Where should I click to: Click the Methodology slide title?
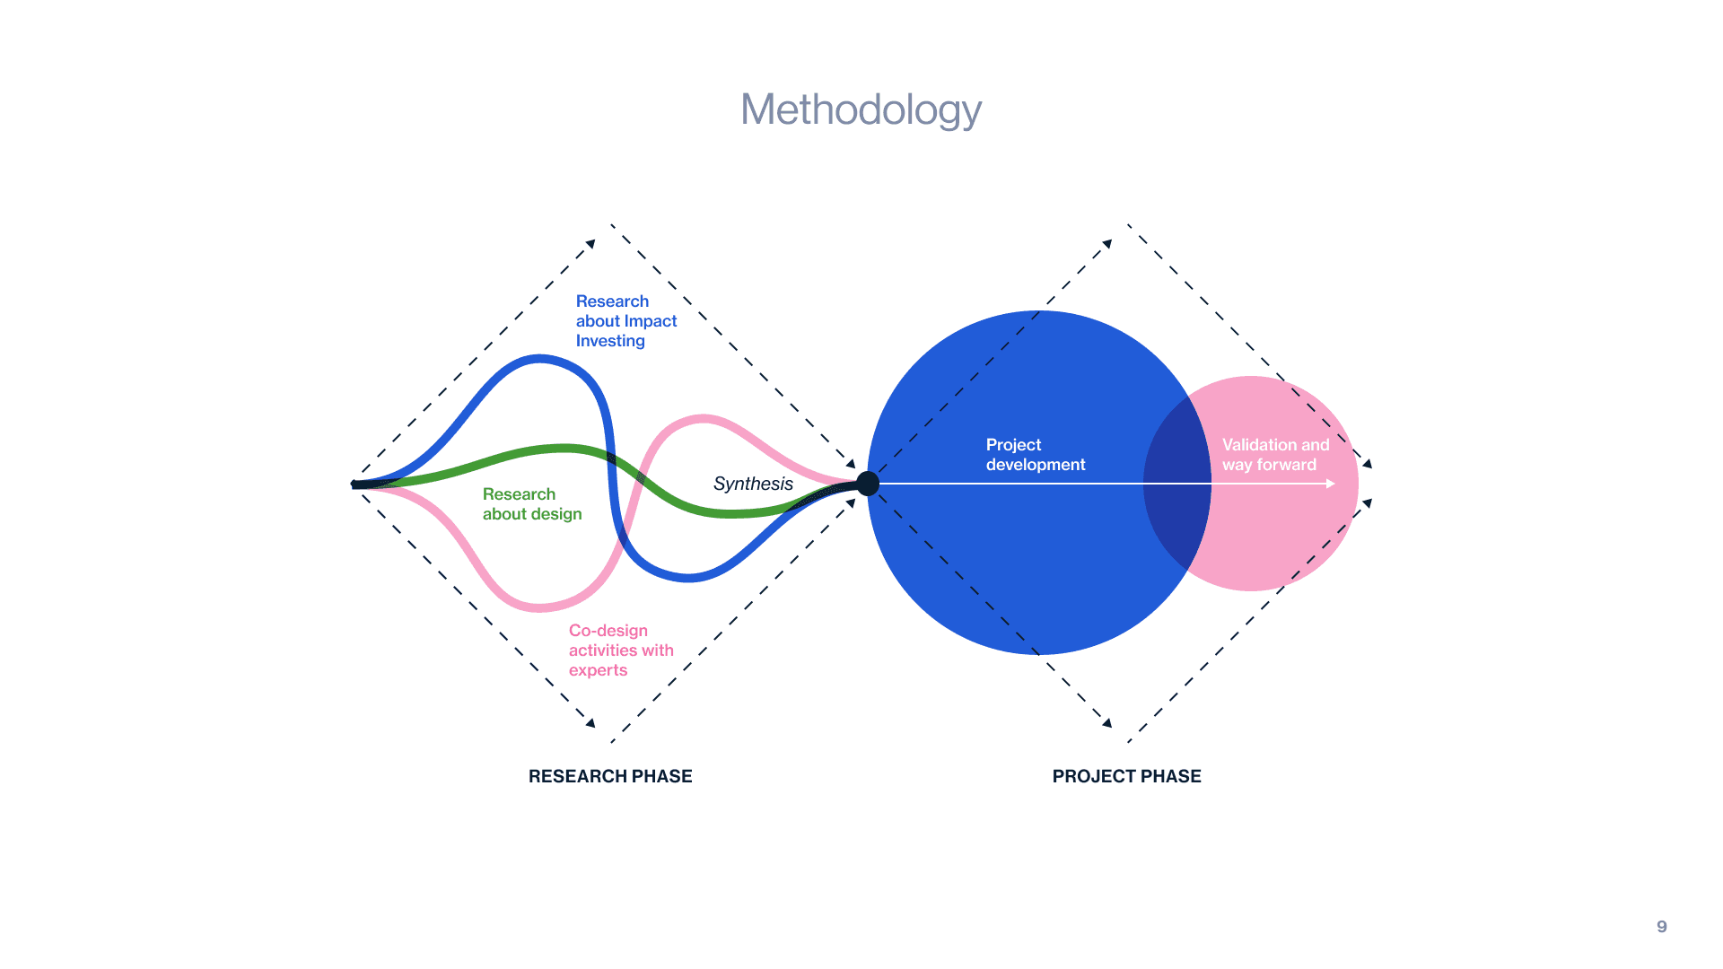click(861, 110)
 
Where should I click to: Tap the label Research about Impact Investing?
click(625, 321)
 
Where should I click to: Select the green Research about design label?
click(532, 504)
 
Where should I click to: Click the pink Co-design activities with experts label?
click(620, 650)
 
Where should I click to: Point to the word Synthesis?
click(753, 484)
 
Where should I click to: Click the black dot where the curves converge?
click(868, 484)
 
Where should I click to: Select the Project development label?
click(1035, 455)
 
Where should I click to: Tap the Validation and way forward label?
click(1274, 455)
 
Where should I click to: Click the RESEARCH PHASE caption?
click(610, 776)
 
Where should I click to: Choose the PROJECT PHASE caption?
click(1126, 776)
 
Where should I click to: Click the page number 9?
click(1662, 927)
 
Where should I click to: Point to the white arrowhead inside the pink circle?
click(1331, 484)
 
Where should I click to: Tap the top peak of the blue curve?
click(538, 359)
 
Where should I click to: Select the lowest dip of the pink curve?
click(540, 607)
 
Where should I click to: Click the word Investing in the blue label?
click(610, 341)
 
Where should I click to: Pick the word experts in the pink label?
click(598, 670)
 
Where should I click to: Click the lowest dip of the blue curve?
click(687, 578)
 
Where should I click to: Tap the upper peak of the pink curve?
click(703, 418)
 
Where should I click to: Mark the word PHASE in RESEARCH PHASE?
click(660, 776)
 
